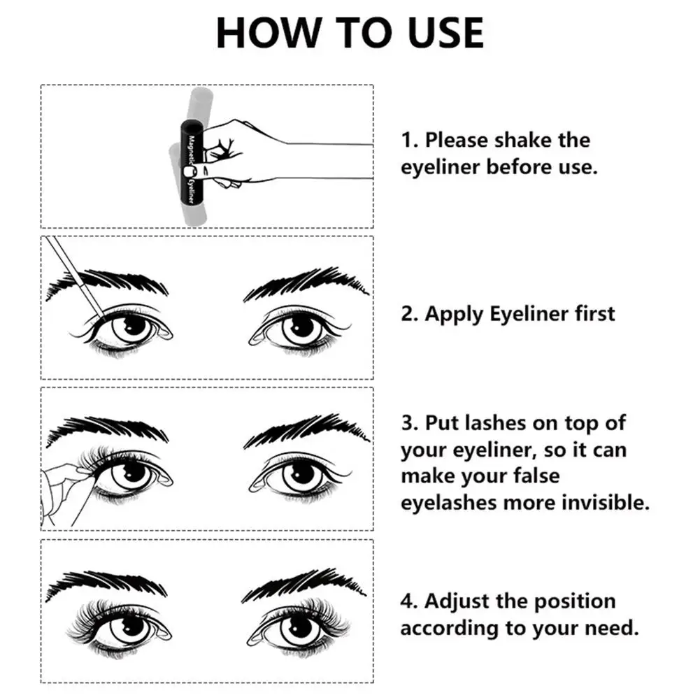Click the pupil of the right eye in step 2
click(x=302, y=325)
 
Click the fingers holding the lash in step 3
click(x=70, y=483)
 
